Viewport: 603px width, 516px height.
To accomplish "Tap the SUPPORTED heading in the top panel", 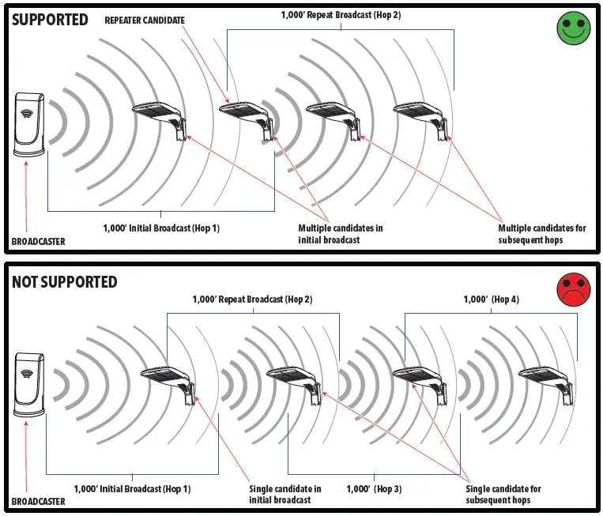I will click(50, 20).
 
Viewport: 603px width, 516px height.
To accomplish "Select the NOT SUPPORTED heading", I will click(64, 282).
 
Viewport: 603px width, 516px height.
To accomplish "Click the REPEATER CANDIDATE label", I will click(145, 21).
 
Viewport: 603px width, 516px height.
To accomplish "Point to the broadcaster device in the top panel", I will click(32, 126).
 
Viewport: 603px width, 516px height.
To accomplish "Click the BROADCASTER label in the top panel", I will click(39, 241).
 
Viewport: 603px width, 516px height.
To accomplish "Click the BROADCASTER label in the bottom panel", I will click(39, 502).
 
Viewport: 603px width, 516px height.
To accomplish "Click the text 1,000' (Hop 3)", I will click(374, 489).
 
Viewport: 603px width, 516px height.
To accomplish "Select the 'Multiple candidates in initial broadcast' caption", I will click(341, 234).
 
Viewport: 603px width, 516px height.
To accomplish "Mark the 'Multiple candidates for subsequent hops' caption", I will click(542, 234).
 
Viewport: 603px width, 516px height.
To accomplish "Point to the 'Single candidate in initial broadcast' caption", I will click(285, 494).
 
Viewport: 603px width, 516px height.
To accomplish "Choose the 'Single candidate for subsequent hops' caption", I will click(503, 494).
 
